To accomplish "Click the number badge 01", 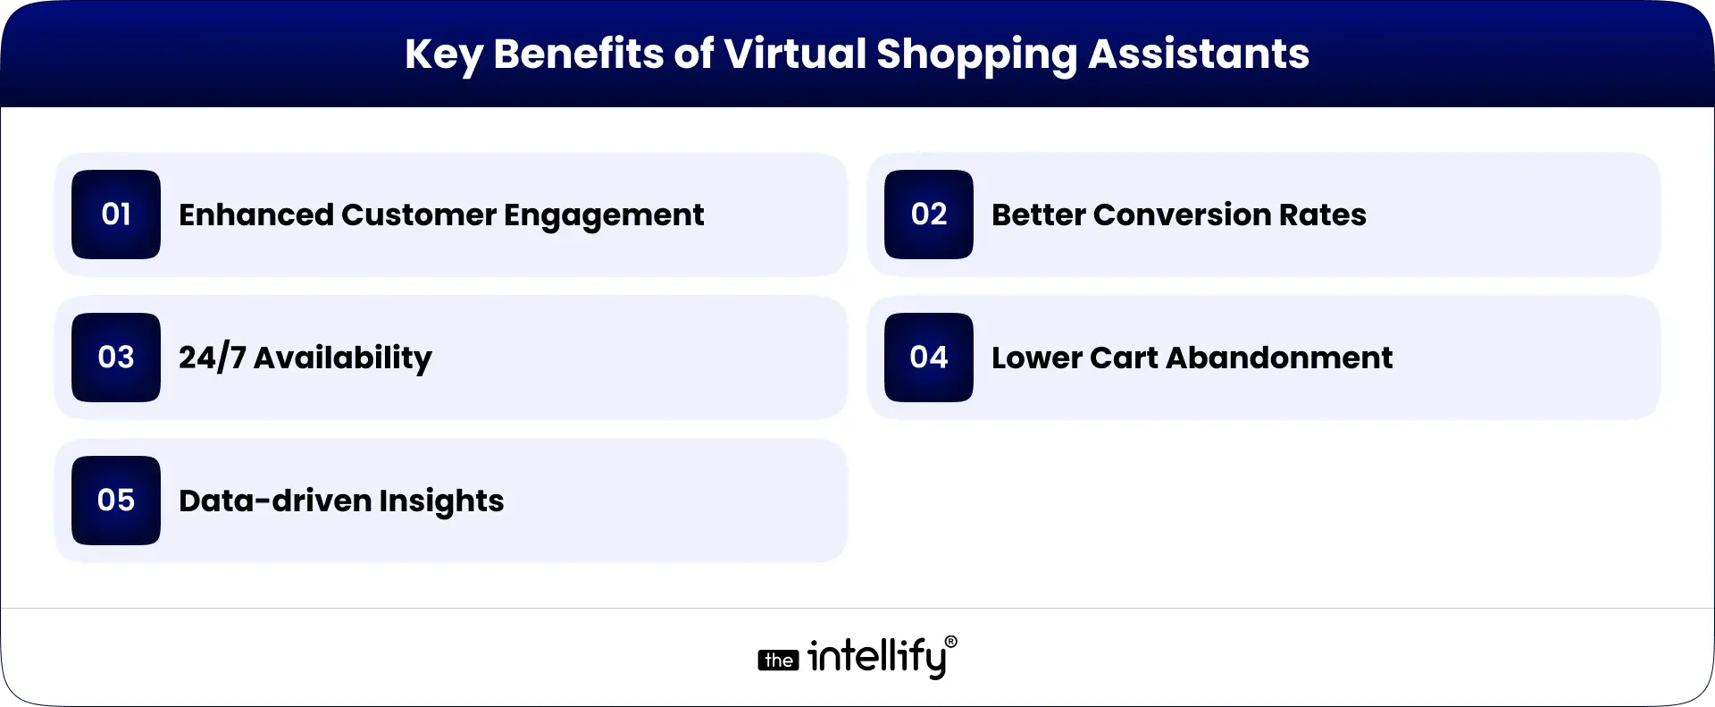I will pos(116,215).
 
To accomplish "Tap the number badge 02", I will pos(929,215).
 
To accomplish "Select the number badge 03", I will pos(116,358).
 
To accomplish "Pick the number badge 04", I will pos(929,358).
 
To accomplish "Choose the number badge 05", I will pos(116,501).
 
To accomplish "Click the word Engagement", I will pos(604,215).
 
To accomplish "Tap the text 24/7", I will pos(212,358).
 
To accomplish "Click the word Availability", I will pos(343,358).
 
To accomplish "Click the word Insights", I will pos(441,501).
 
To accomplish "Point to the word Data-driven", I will pos(274,501).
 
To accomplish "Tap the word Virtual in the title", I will pos(795,54).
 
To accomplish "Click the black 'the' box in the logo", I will pos(778,661).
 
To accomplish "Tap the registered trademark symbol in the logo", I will pos(950,642).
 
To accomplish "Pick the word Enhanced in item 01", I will pos(255,215).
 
